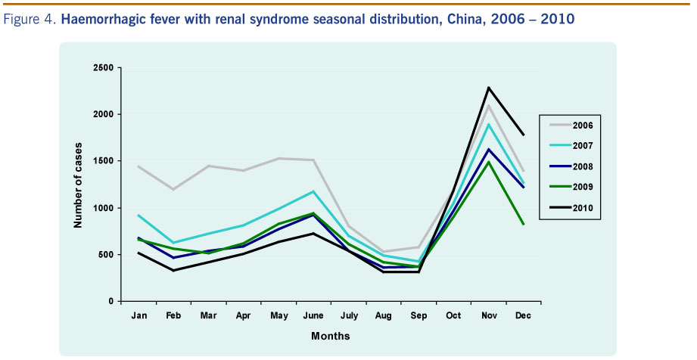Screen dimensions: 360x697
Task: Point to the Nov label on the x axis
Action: point(488,315)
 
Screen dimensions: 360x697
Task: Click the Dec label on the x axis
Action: point(522,315)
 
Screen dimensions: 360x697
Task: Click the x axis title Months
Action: point(331,335)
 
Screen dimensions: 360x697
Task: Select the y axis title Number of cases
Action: point(78,185)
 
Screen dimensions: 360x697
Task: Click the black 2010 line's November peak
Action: point(488,88)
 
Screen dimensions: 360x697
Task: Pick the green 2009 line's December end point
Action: point(522,224)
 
